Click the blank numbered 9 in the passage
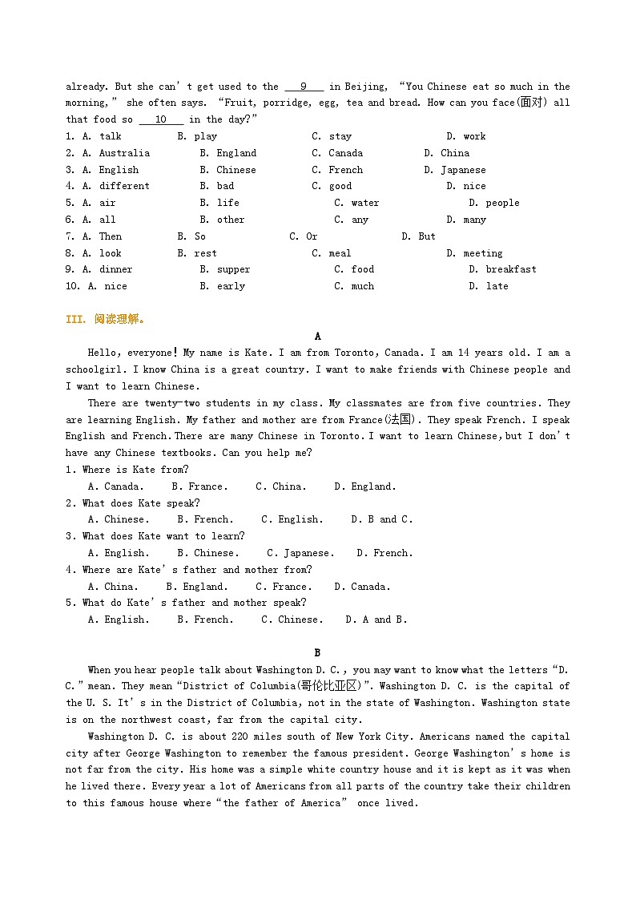coord(304,87)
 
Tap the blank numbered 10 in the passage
coord(160,119)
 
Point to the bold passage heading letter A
coord(318,337)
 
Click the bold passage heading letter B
coord(318,653)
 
